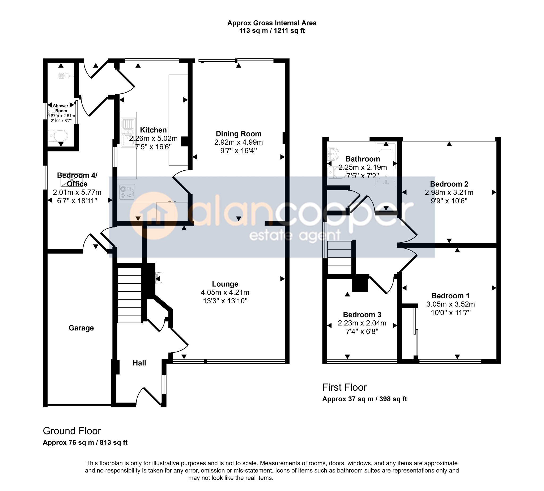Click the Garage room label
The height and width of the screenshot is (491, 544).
click(81, 328)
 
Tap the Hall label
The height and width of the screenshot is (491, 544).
click(139, 363)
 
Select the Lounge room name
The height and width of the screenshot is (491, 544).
click(225, 284)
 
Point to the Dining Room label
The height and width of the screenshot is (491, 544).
click(239, 134)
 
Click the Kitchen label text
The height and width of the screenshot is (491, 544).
click(153, 130)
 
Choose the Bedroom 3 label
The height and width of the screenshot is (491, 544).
click(362, 315)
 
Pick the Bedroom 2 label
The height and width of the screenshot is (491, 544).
click(449, 184)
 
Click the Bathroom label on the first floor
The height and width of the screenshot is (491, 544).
click(363, 159)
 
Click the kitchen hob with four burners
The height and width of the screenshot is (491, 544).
click(127, 192)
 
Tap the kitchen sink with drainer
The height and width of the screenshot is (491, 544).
click(128, 132)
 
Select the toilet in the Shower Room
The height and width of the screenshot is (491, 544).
click(57, 136)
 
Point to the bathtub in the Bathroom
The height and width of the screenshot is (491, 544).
click(386, 163)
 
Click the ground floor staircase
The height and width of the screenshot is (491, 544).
click(130, 295)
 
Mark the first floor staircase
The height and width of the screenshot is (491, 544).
click(340, 257)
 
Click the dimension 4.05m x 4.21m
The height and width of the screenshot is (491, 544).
click(225, 292)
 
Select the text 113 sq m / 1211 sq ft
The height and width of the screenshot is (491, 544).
click(272, 31)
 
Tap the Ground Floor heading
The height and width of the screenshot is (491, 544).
click(72, 431)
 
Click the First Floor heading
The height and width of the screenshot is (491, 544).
click(345, 387)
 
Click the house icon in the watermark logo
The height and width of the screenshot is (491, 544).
click(153, 216)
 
